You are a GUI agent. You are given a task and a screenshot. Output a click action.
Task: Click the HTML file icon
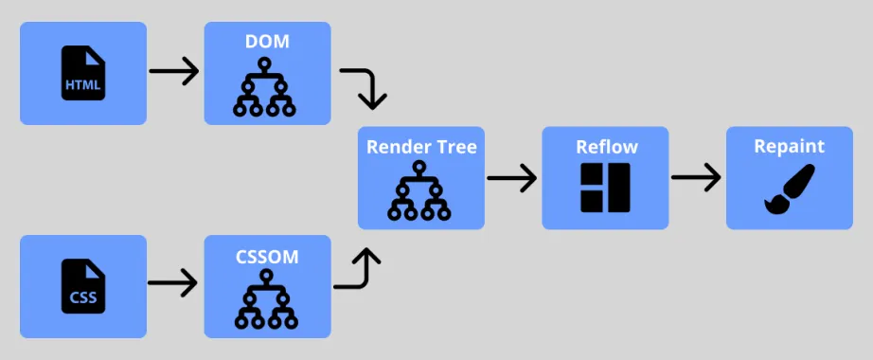coord(83,73)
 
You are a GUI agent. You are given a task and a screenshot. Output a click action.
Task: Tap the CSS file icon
coord(83,286)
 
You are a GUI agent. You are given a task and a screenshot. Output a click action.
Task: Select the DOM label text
coord(267,42)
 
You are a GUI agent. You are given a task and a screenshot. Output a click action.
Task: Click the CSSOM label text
coord(267,257)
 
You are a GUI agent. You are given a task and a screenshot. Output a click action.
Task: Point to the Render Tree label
coord(421,147)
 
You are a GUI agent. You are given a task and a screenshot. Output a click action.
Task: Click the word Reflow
coord(607,147)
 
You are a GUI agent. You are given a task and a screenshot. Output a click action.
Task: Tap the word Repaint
coord(790,146)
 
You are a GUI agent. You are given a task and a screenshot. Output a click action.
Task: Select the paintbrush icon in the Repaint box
coord(790,189)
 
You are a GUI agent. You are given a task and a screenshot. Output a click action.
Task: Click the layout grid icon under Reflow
coord(605,188)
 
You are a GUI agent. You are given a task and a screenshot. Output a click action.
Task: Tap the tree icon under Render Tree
coord(419,190)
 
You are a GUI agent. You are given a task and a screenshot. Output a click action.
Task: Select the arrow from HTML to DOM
coord(173,71)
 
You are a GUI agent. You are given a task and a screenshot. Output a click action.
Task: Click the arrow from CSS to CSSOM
coord(172,282)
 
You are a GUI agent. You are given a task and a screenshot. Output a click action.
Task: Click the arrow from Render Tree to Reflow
coord(511,178)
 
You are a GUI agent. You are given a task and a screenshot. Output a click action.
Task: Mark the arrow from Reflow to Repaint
coord(696,178)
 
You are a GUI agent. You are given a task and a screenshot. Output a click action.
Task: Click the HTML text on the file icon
coord(83,85)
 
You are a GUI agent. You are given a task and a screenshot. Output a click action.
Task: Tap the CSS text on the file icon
coord(83,297)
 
